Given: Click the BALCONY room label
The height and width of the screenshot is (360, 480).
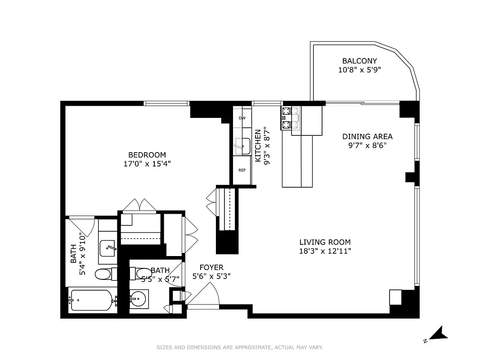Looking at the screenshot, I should click(359, 61).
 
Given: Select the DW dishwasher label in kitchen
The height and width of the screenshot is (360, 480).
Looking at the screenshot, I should click(242, 118).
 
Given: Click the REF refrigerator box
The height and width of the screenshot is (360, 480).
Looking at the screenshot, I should click(242, 171).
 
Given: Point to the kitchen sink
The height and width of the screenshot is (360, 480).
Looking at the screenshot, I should click(242, 146).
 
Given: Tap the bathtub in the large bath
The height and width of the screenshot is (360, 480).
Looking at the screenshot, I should click(92, 300).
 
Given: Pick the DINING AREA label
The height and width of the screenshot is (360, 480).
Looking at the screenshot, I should click(367, 136).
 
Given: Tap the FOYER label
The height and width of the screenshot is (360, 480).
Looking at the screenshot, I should click(211, 268).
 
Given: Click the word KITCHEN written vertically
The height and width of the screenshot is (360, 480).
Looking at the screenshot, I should click(258, 146).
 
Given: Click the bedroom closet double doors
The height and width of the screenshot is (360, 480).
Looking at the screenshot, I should click(139, 205).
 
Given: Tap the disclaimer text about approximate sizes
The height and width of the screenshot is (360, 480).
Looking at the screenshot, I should click(240, 347).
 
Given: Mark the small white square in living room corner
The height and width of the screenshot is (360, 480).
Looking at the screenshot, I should click(395, 297).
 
